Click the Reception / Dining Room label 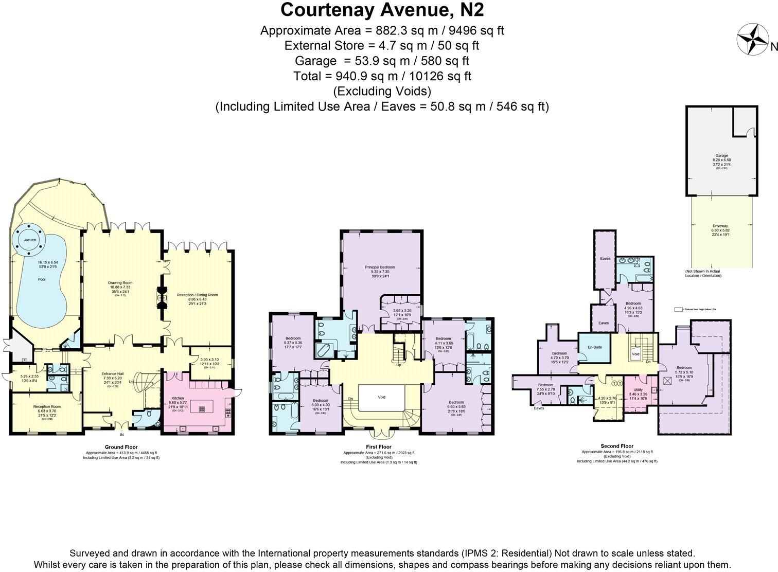[x=197, y=295]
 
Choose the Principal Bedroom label [x=380, y=267]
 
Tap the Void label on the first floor [x=381, y=397]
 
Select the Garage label [x=721, y=155]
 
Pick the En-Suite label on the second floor [x=594, y=347]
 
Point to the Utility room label [x=638, y=390]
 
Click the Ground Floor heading [x=121, y=447]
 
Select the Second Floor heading [x=617, y=446]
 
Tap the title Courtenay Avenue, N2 [x=382, y=10]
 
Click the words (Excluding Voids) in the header [x=382, y=91]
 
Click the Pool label [x=42, y=279]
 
